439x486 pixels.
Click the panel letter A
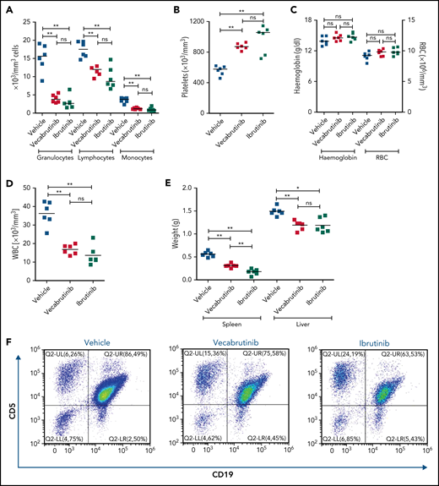coord(8,9)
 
